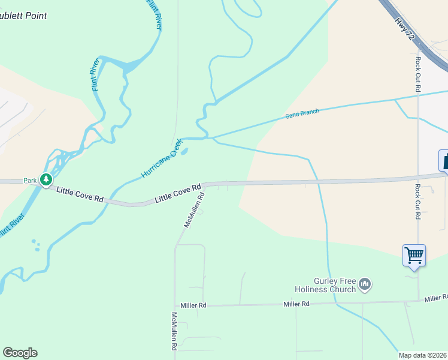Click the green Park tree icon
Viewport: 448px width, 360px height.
pos(46,179)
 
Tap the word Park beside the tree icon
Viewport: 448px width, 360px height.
pos(30,180)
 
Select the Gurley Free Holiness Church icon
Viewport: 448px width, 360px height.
pos(365,284)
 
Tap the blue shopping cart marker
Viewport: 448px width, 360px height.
pos(414,255)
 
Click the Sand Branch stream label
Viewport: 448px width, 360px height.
pos(302,112)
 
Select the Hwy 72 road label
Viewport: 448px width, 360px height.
pos(405,28)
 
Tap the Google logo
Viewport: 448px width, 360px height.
pos(20,353)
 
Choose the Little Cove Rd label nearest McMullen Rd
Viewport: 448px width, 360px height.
pos(178,193)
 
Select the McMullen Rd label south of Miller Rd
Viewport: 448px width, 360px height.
pos(174,331)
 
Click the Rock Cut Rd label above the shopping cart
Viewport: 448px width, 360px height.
pos(417,202)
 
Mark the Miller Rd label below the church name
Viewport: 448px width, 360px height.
pos(296,304)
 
